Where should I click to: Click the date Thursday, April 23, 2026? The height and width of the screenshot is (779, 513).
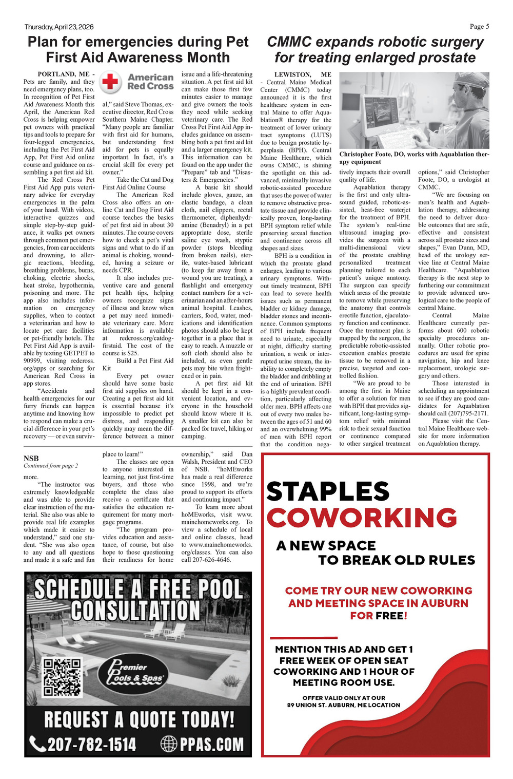pyautogui.click(x=59, y=27)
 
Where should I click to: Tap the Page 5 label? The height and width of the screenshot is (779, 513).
pyautogui.click(x=479, y=26)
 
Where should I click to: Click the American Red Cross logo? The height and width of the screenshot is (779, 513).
pyautogui.click(x=137, y=82)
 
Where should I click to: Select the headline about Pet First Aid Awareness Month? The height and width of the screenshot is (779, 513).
pyautogui.click(x=138, y=50)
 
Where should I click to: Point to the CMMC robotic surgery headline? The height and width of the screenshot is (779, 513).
pyautogui.click(x=375, y=50)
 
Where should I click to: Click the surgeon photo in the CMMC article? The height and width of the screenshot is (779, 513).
pyautogui.click(x=414, y=110)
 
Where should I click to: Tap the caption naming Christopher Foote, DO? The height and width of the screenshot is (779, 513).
pyautogui.click(x=414, y=158)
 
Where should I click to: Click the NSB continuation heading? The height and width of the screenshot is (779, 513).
pyautogui.click(x=31, y=458)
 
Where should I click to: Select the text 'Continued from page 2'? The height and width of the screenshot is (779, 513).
pyautogui.click(x=51, y=466)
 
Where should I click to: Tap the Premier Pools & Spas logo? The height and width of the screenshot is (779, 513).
pyautogui.click(x=135, y=673)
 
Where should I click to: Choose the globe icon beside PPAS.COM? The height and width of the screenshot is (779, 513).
pyautogui.click(x=169, y=744)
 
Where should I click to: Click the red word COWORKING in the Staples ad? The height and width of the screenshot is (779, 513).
pyautogui.click(x=362, y=518)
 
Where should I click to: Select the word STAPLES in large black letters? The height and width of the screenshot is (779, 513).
pyautogui.click(x=328, y=491)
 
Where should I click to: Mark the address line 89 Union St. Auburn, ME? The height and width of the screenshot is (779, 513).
pyautogui.click(x=343, y=705)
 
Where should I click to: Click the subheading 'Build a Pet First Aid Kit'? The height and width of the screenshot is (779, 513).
pyautogui.click(x=138, y=365)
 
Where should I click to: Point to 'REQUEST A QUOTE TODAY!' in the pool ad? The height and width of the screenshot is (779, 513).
pyautogui.click(x=139, y=719)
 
